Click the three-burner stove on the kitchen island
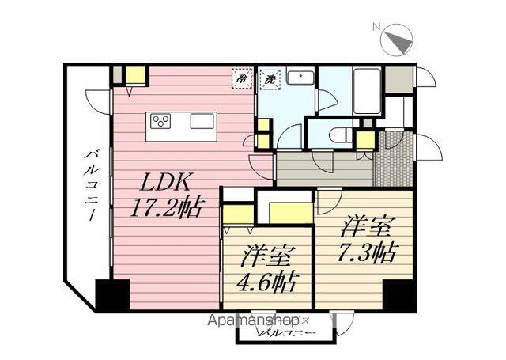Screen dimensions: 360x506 [x=161, y=121]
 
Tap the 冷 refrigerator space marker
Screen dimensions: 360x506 [x=240, y=78]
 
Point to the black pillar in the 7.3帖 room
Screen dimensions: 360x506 [x=399, y=297]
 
